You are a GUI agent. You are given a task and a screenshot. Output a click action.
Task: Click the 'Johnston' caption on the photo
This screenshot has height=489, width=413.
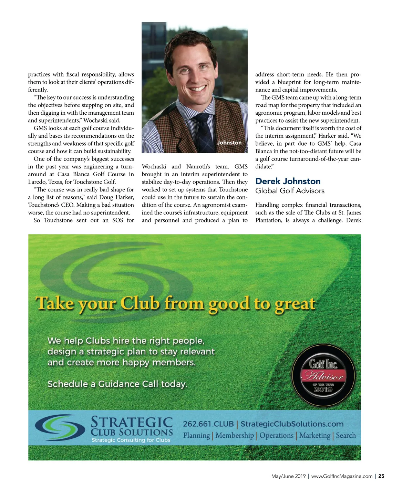[x=229, y=143]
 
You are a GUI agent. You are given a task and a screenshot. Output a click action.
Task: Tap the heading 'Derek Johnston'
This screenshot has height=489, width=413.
[x=288, y=181]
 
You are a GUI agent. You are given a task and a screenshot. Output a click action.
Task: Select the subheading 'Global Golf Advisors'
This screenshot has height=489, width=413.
[x=290, y=191]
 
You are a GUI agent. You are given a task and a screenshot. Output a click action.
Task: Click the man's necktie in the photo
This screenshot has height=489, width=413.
[x=204, y=133]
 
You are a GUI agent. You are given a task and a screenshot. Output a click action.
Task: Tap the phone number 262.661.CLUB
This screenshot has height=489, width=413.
[x=208, y=424]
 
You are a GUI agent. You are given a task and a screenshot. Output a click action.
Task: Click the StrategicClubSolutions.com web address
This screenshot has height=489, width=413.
[x=292, y=424]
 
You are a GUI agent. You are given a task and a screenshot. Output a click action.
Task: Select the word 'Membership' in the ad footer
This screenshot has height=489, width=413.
[x=235, y=436]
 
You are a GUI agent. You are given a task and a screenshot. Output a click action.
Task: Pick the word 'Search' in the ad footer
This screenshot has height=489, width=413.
[x=345, y=435]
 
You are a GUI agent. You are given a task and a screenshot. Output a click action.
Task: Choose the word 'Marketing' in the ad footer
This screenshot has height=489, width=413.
[x=314, y=436]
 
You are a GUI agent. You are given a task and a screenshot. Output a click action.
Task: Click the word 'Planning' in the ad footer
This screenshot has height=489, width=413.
[x=196, y=436]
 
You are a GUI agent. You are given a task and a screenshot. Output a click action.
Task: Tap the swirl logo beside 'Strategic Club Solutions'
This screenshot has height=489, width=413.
[x=60, y=428]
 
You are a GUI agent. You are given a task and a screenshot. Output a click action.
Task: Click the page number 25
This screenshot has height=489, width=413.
[x=381, y=476]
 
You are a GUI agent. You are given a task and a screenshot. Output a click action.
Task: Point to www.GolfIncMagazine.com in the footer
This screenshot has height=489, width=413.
[x=342, y=476]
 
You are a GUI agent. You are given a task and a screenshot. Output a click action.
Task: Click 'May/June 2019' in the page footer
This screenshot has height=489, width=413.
[x=288, y=476]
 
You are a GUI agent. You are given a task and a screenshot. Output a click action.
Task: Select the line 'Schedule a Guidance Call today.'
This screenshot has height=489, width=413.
[x=117, y=384]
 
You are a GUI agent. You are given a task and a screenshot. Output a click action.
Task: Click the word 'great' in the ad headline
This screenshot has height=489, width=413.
[x=295, y=304]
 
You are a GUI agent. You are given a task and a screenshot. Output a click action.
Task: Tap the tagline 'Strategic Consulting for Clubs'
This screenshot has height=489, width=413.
[x=131, y=440]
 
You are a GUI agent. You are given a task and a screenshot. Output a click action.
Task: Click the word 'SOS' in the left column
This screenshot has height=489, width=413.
[x=118, y=220]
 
